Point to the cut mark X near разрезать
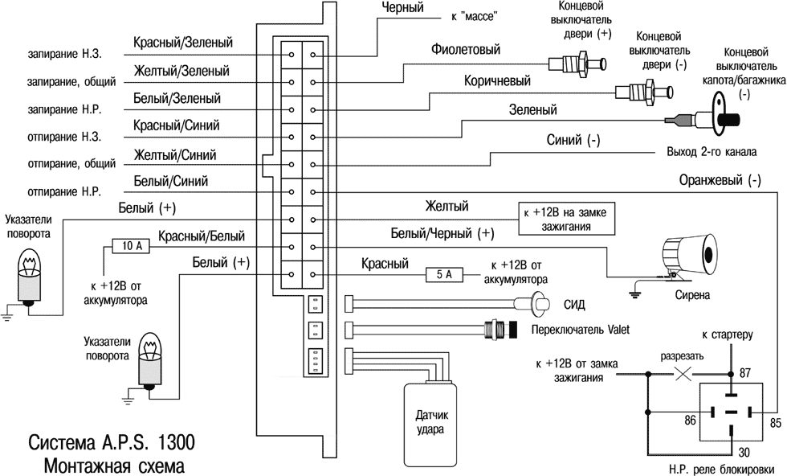click(x=683, y=374)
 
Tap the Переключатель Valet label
click(x=581, y=330)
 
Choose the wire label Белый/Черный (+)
click(x=442, y=234)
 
